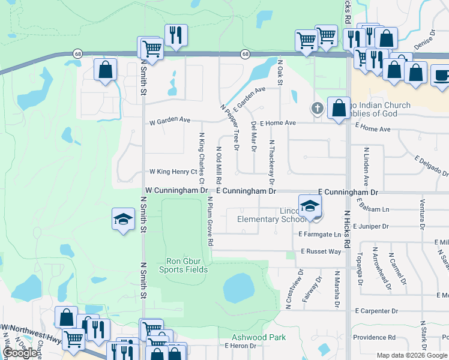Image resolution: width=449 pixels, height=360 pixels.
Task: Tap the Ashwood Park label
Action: click(x=260, y=337)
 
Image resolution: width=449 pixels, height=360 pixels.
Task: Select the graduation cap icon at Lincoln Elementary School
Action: click(x=310, y=206)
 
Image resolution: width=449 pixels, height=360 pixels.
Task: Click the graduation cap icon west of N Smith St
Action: click(x=123, y=219)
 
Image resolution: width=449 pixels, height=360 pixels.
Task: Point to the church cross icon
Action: click(x=317, y=109)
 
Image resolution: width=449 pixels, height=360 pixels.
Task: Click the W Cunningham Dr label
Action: click(x=176, y=190)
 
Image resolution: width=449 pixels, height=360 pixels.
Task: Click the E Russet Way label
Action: click(x=321, y=251)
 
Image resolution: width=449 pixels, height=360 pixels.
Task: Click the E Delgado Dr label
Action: click(x=431, y=163)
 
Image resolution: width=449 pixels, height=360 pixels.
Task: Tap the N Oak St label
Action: click(x=280, y=71)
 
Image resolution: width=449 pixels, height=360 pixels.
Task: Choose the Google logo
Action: click(x=20, y=353)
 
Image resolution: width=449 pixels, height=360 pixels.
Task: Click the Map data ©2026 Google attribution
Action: click(x=412, y=355)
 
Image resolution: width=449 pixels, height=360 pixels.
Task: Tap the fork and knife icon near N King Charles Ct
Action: click(x=176, y=35)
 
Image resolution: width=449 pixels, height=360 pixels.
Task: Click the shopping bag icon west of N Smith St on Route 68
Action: click(x=105, y=69)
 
